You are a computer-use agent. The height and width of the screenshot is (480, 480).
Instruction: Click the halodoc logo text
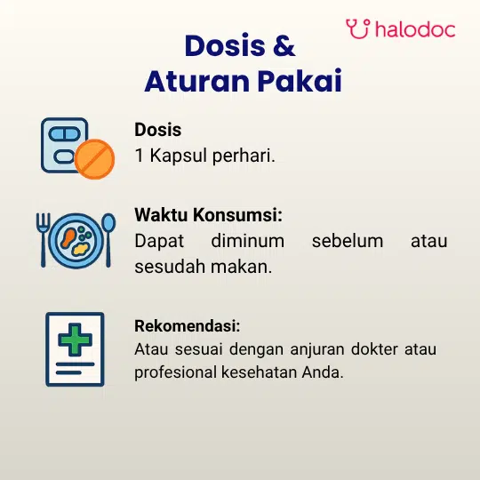[x=415, y=29]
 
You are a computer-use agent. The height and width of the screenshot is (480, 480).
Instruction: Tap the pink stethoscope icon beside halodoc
[x=358, y=28]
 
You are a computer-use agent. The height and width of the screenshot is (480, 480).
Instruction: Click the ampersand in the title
[x=284, y=45]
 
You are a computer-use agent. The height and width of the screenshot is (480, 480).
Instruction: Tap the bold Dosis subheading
[x=158, y=130]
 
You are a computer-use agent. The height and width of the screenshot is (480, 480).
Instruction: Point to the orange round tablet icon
[x=94, y=159]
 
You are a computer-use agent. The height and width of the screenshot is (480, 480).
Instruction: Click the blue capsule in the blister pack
[x=64, y=134]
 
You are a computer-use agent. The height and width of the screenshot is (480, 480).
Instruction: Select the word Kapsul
[x=178, y=156]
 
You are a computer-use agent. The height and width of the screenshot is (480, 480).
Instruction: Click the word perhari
[x=244, y=156]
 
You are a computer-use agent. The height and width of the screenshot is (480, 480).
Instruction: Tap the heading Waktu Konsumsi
[x=208, y=214]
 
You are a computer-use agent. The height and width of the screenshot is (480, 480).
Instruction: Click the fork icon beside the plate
[x=43, y=240]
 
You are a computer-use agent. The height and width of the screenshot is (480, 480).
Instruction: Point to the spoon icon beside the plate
[x=108, y=240]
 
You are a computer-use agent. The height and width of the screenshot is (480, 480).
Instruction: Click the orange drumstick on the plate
[x=68, y=238]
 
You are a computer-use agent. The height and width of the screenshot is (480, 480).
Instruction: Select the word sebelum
[x=348, y=241]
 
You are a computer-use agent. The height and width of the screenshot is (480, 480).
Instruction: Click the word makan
[x=241, y=267]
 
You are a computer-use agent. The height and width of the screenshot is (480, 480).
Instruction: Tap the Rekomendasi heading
[x=188, y=325]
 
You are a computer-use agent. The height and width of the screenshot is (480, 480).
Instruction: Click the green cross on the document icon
[x=75, y=340]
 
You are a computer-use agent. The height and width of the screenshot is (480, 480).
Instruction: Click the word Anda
[x=323, y=372]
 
